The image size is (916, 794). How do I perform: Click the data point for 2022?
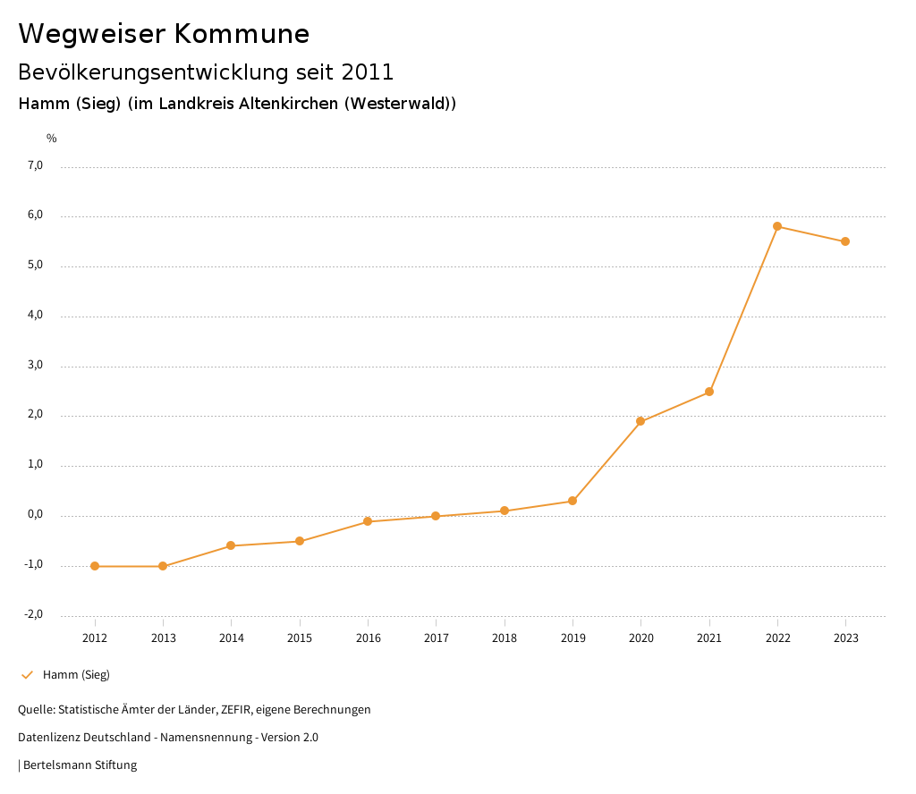(777, 226)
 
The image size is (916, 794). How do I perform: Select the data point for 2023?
(845, 241)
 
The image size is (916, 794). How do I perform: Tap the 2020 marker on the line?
(640, 421)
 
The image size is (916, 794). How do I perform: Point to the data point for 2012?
(95, 566)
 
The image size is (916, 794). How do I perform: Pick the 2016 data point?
(368, 521)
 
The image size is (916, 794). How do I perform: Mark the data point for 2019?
(572, 501)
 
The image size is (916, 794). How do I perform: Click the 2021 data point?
(709, 392)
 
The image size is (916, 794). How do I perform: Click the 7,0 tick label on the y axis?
(35, 165)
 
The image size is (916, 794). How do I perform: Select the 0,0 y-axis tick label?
(35, 515)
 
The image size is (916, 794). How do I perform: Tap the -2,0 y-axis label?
(33, 614)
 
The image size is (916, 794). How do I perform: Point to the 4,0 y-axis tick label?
(35, 316)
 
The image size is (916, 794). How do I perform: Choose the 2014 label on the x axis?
(232, 638)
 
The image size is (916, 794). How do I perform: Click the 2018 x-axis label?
(505, 638)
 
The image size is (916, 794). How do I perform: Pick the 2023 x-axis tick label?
(846, 638)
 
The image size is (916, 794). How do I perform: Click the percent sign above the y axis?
(52, 139)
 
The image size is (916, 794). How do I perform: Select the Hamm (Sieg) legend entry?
(76, 675)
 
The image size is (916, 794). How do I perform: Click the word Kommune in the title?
(242, 34)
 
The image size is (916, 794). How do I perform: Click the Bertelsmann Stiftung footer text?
(80, 765)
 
